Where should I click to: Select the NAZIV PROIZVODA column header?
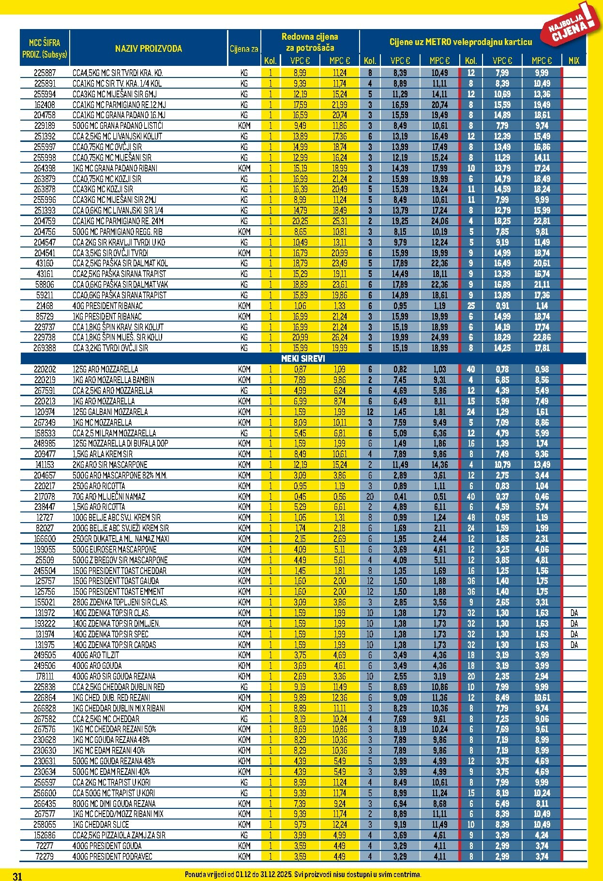tap(149, 48)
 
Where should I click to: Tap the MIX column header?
tap(574, 61)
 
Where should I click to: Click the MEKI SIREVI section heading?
tap(303, 359)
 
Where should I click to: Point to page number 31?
tap(17, 876)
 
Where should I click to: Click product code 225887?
tap(45, 73)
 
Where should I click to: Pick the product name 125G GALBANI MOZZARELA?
tap(110, 412)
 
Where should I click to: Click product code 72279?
tap(45, 856)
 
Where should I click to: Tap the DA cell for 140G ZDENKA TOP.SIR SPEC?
tap(574, 634)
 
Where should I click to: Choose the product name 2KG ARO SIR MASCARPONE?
tap(110, 465)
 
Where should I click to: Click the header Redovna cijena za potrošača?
tap(310, 42)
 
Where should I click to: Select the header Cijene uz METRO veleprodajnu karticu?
tap(461, 42)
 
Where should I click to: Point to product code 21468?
tap(45, 306)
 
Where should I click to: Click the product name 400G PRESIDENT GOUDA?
tap(107, 846)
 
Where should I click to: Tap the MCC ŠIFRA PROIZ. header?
tap(45, 48)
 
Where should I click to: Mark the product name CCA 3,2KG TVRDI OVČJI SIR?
tap(110, 348)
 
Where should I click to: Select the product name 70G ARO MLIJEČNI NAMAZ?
tap(109, 497)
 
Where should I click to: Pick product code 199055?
tap(45, 550)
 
